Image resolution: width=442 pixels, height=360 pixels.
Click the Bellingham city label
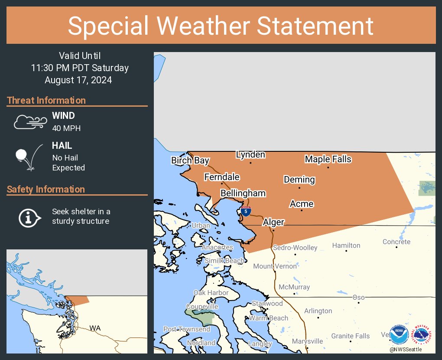click(243, 193)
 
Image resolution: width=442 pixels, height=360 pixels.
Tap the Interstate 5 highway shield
click(246, 211)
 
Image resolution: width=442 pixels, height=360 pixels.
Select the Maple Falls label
click(328, 159)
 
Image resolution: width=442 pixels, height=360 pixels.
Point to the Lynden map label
click(250, 155)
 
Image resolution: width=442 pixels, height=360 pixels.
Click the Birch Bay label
click(190, 160)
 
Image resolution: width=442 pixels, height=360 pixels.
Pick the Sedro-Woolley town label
click(295, 248)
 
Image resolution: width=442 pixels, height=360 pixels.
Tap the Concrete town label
click(396, 242)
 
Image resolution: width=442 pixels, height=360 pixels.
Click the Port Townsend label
click(187, 329)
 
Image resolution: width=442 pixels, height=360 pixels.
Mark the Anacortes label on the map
click(218, 247)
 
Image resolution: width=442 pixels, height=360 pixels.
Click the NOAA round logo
click(399, 335)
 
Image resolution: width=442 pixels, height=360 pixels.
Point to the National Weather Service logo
click(422, 335)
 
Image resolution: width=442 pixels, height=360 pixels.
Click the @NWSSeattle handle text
click(405, 350)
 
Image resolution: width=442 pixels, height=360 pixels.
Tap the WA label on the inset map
click(95, 328)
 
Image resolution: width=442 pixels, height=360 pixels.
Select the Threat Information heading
click(46, 100)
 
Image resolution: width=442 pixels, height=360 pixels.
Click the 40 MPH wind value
click(66, 128)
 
